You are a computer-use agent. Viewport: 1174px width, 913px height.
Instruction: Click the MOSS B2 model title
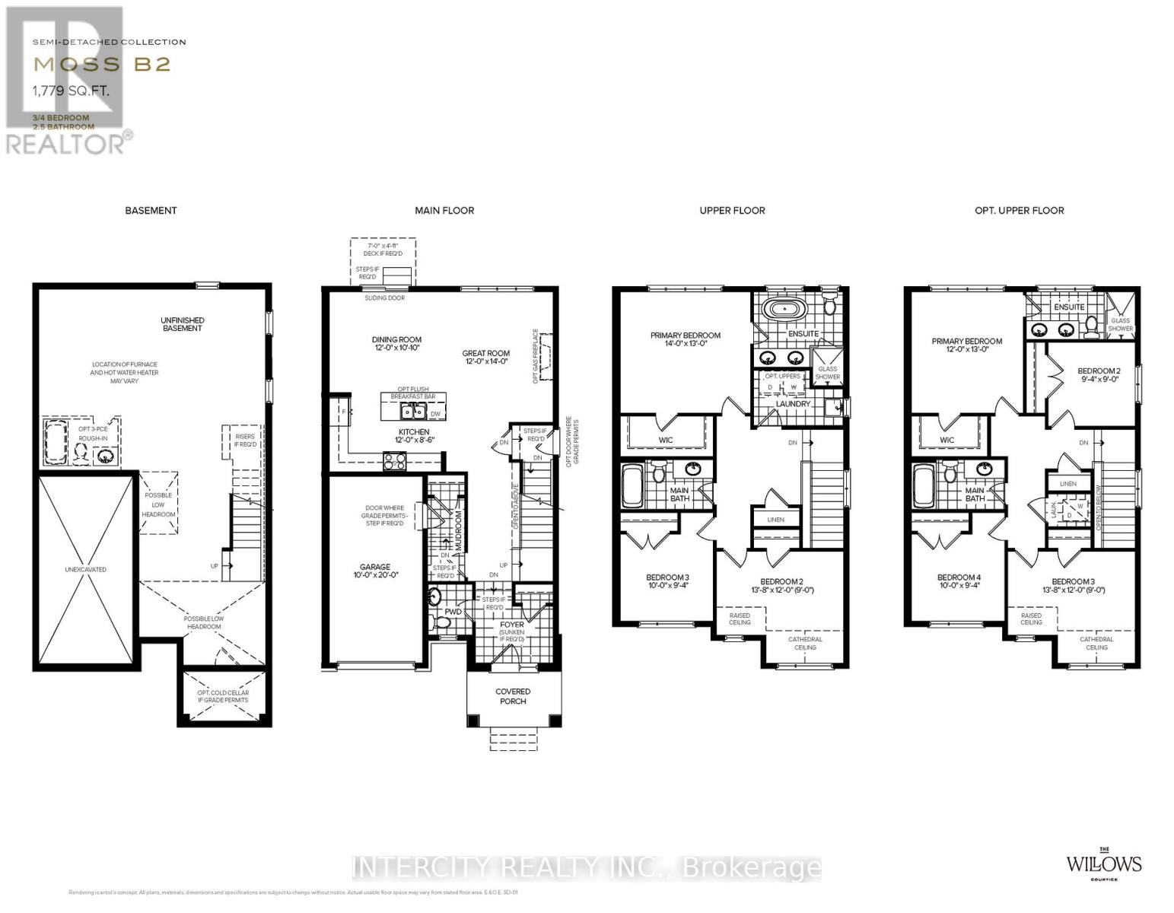[x=101, y=64]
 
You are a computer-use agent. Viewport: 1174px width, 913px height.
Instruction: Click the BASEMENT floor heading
[x=151, y=211]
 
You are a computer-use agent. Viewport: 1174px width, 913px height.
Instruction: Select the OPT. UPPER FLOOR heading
[x=1019, y=211]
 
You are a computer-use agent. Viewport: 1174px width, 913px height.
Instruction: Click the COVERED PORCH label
[x=513, y=696]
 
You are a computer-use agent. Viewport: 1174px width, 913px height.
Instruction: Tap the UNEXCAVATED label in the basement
[x=85, y=570]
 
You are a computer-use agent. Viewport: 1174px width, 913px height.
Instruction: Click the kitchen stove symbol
[x=394, y=460]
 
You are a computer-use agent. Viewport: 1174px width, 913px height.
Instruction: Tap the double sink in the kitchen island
[x=414, y=412]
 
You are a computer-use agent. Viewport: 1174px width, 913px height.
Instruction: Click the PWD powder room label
[x=453, y=612]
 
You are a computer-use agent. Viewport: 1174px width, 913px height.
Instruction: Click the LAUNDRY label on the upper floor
[x=793, y=404]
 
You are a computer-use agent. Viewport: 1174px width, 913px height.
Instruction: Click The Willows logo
[x=1102, y=864]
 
